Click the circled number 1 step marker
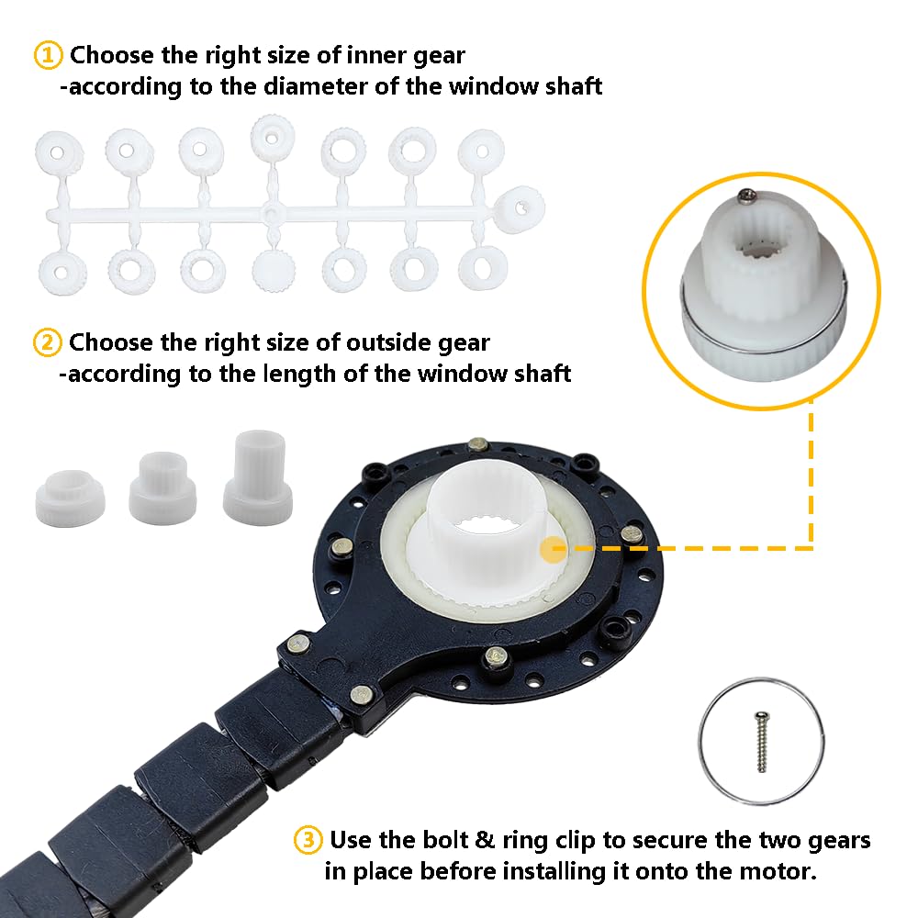pyautogui.click(x=48, y=56)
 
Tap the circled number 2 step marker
pyautogui.click(x=48, y=342)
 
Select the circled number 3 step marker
pyautogui.click(x=308, y=840)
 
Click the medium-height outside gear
pyautogui.click(x=162, y=487)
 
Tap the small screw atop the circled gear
pyautogui.click(x=745, y=193)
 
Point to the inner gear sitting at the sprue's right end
pyautogui.click(x=521, y=209)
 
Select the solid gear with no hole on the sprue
pyautogui.click(x=274, y=271)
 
